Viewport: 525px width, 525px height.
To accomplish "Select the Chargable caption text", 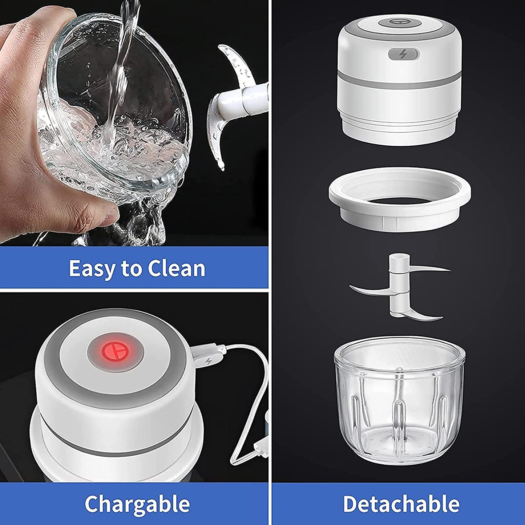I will (x=137, y=504).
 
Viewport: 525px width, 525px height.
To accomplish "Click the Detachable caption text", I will (x=401, y=504).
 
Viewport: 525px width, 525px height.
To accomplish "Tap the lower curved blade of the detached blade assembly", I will (x=421, y=312).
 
